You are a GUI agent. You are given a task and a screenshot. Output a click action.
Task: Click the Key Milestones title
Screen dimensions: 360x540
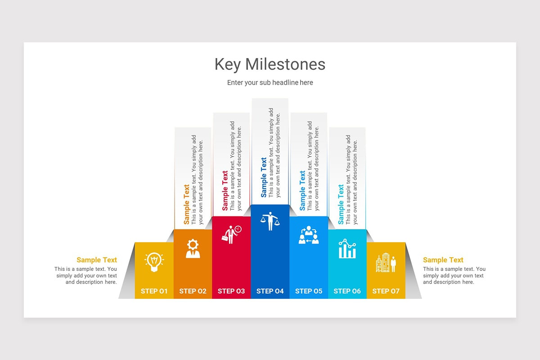tap(270, 64)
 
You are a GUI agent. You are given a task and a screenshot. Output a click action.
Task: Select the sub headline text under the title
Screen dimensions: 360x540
tap(270, 83)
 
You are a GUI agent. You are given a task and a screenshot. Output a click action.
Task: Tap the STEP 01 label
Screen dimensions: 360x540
tap(154, 291)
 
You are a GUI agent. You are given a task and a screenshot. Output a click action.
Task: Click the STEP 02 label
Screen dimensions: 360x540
tap(193, 291)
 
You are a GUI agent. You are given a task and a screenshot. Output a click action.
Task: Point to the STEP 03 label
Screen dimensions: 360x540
tap(231, 291)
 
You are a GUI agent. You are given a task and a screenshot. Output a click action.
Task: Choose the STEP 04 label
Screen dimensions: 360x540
tap(270, 291)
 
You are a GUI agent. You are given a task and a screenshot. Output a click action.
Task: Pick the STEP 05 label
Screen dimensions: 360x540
tap(309, 291)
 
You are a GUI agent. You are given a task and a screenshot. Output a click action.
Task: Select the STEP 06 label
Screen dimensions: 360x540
tap(347, 291)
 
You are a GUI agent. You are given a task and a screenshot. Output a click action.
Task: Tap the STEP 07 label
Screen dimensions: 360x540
tap(386, 291)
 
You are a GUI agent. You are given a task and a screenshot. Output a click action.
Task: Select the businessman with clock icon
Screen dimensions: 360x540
tap(231, 234)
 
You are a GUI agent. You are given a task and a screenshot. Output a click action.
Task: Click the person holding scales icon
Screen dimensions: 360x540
tap(270, 221)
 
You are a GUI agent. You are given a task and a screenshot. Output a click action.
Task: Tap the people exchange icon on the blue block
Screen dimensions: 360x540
tap(309, 235)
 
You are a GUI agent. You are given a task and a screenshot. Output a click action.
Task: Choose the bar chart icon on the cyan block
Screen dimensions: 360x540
tap(347, 249)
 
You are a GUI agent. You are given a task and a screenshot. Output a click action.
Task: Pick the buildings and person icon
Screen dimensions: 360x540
tap(386, 263)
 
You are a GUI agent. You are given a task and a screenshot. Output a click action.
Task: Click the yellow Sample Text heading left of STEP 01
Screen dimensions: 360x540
tap(97, 260)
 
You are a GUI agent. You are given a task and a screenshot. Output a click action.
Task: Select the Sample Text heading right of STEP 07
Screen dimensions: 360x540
tap(443, 260)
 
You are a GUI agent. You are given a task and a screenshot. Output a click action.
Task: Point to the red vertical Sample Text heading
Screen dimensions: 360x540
tap(225, 191)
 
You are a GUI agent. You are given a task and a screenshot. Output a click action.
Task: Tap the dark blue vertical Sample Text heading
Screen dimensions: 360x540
tap(264, 177)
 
